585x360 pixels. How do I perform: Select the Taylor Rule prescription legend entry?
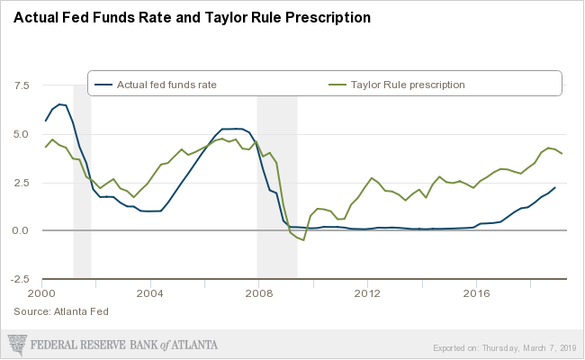(409, 85)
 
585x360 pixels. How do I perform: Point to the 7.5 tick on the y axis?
(22, 86)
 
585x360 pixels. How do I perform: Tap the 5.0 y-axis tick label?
(22, 135)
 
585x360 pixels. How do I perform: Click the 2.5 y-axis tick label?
(22, 183)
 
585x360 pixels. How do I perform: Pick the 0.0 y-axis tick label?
(22, 231)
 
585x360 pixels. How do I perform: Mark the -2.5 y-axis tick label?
(20, 279)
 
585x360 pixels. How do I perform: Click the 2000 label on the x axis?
(42, 293)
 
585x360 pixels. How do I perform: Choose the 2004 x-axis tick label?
(150, 293)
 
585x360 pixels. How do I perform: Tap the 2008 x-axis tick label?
(259, 293)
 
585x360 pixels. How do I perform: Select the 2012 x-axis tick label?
(367, 293)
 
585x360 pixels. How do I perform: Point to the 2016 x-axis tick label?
(475, 293)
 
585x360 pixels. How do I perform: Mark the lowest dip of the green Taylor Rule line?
(303, 240)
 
